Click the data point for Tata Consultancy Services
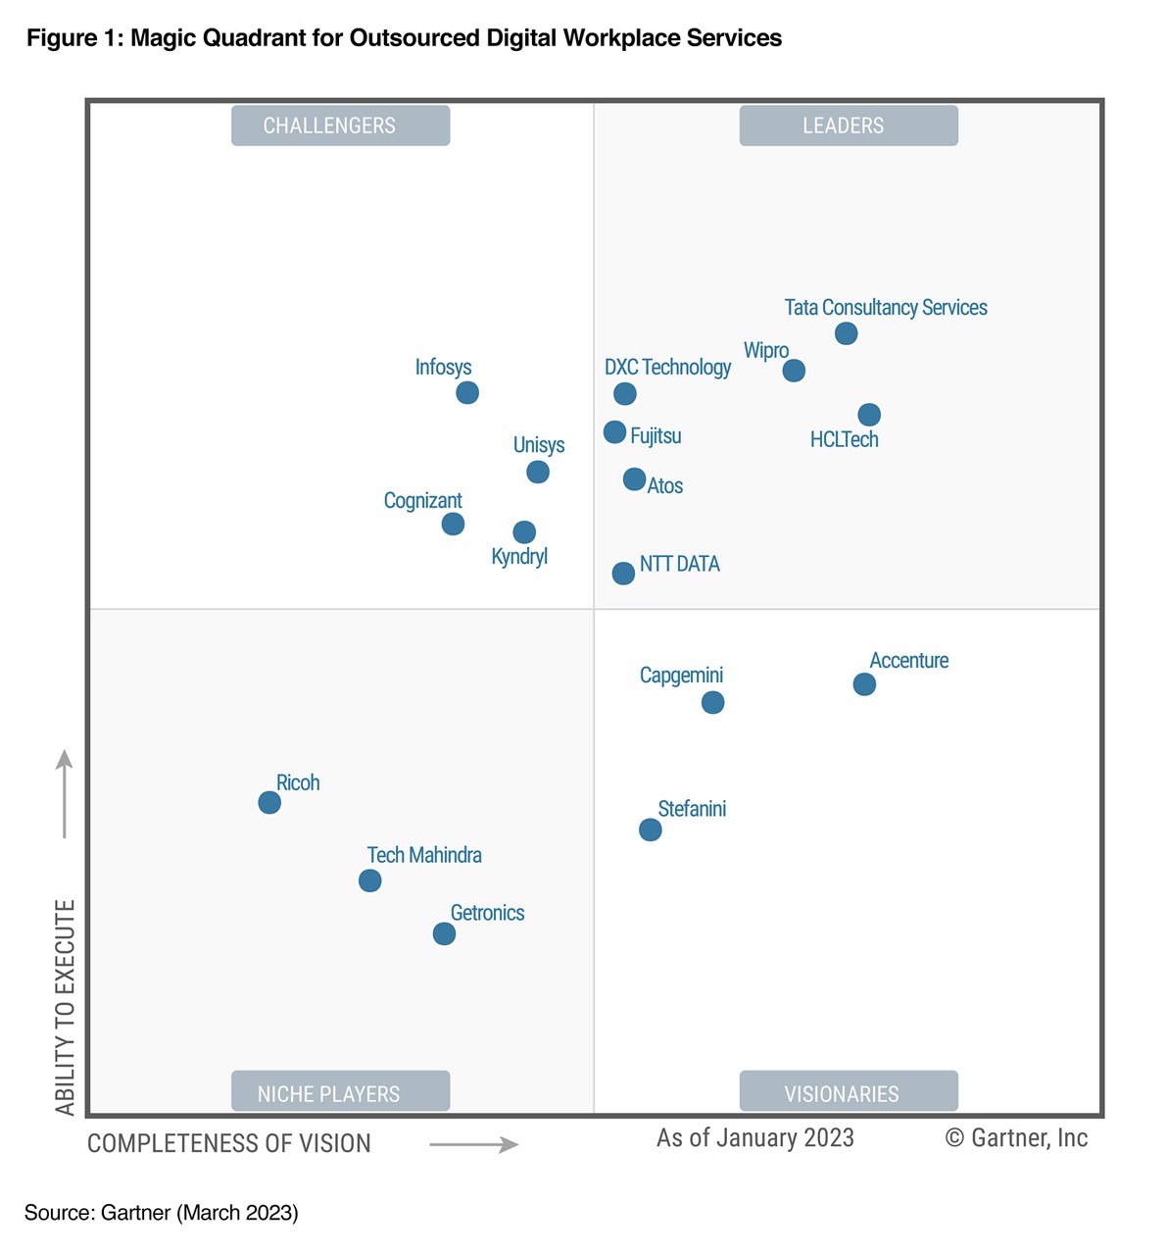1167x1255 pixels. pyautogui.click(x=846, y=333)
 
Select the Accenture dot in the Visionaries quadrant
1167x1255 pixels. pyautogui.click(x=863, y=684)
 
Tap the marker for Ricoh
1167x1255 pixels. pyautogui.click(x=269, y=803)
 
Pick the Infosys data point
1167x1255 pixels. pyautogui.click(x=467, y=393)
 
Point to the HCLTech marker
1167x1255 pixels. pyautogui.click(x=869, y=415)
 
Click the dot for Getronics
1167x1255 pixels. pyautogui.click(x=444, y=933)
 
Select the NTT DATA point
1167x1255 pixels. pyautogui.click(x=623, y=574)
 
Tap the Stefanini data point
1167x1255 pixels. pyautogui.click(x=650, y=830)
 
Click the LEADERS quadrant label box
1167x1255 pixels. pyautogui.click(x=848, y=125)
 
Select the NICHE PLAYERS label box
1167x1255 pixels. pyautogui.click(x=340, y=1092)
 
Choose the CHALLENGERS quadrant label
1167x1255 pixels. pyautogui.click(x=340, y=125)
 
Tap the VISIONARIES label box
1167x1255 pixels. pyautogui.click(x=848, y=1092)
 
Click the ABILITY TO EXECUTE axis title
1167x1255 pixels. pyautogui.click(x=65, y=1007)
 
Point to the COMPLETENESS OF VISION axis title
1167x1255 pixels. pyautogui.click(x=229, y=1144)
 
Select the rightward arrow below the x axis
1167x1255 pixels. pyautogui.click(x=474, y=1144)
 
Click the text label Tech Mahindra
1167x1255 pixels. pyautogui.click(x=424, y=855)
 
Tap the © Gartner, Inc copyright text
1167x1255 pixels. pyautogui.click(x=1016, y=1137)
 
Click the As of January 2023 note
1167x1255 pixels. pyautogui.click(x=754, y=1137)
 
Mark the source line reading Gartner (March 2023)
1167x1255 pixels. pyautogui.click(x=162, y=1213)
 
